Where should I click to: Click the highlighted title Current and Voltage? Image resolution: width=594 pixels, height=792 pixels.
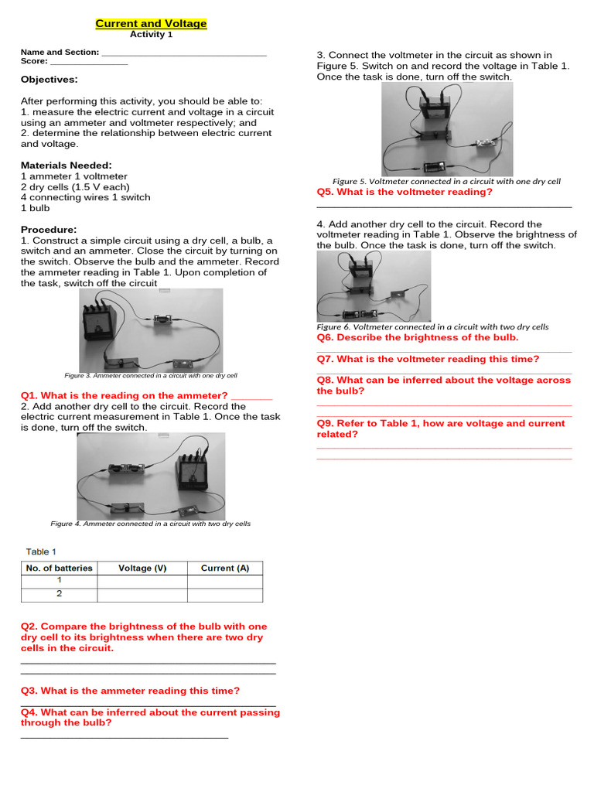click(151, 24)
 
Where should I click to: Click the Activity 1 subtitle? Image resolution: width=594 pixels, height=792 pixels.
click(151, 35)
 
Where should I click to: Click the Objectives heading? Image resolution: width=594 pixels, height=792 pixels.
click(49, 80)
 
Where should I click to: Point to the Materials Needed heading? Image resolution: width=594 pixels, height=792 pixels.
click(66, 166)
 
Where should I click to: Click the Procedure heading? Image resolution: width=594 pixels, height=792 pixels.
click(49, 230)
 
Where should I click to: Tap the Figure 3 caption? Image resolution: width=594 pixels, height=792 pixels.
click(151, 375)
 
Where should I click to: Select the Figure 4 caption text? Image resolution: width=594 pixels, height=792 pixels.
click(151, 524)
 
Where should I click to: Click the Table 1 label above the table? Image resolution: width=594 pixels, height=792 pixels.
click(41, 551)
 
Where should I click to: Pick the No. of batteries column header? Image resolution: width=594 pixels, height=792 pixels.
click(59, 568)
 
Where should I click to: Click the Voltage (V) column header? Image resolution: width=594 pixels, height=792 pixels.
click(142, 568)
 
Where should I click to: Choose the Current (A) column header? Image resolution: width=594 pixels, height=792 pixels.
click(224, 568)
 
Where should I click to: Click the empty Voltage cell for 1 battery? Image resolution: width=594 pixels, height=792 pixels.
click(142, 582)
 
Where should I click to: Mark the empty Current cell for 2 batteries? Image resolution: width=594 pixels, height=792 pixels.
click(224, 595)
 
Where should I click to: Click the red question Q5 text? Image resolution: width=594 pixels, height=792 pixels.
click(405, 193)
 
